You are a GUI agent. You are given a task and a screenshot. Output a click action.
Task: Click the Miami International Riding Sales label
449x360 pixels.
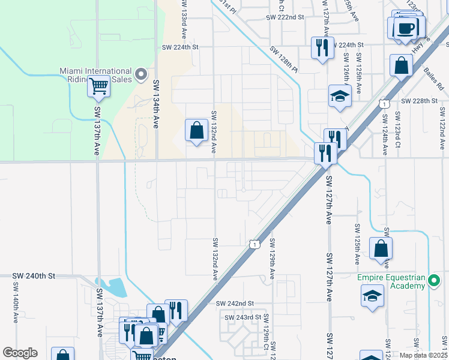(96, 75)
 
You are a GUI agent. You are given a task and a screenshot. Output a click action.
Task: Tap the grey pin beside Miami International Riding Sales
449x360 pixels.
(141, 74)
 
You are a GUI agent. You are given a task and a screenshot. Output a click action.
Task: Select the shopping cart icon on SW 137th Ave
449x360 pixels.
(98, 87)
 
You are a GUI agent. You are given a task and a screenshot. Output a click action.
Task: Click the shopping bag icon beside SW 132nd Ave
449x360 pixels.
(197, 129)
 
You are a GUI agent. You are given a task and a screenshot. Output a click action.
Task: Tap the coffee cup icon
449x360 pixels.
(406, 28)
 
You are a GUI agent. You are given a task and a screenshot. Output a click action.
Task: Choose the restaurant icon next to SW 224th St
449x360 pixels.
(322, 47)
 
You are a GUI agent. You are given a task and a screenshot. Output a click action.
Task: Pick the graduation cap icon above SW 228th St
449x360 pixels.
(339, 95)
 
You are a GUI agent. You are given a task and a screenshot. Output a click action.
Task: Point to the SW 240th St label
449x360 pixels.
(34, 276)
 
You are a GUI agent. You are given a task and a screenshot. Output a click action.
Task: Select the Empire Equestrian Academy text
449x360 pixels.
(391, 281)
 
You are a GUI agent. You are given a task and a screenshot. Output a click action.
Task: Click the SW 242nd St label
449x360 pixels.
(235, 304)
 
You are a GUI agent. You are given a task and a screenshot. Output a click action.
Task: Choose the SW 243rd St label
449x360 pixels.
(243, 317)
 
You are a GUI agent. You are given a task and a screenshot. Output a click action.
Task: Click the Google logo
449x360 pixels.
(20, 353)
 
